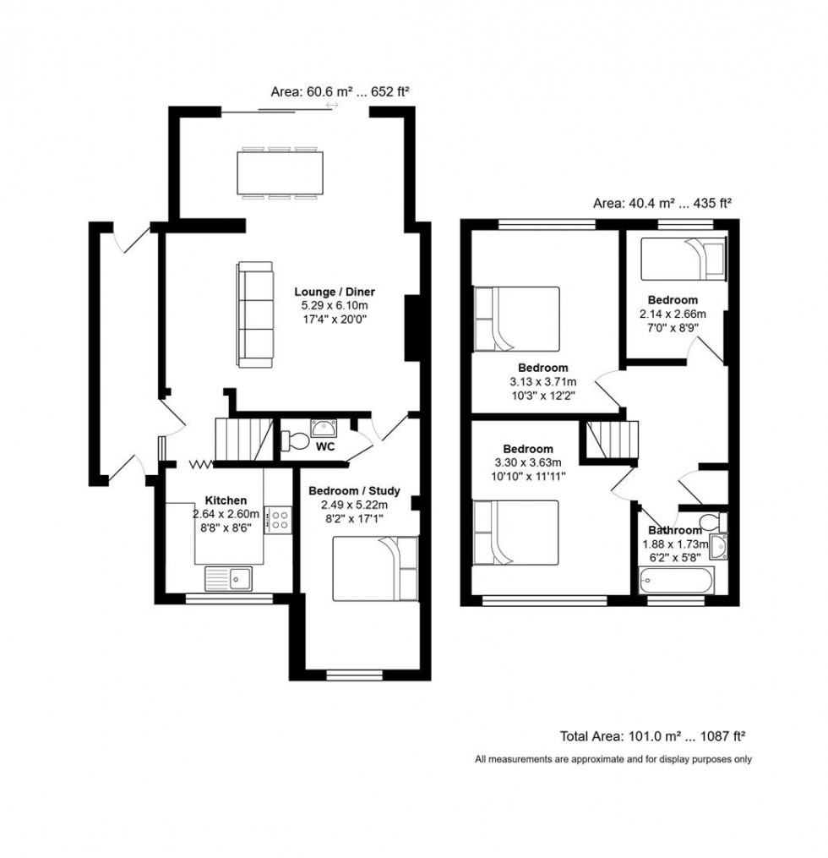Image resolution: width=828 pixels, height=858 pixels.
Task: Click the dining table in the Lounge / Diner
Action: point(282,173)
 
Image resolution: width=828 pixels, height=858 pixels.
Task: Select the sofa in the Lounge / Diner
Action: point(255,314)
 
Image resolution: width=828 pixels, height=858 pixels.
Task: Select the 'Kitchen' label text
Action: point(226,500)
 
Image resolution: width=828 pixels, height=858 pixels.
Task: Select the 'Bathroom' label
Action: point(674,530)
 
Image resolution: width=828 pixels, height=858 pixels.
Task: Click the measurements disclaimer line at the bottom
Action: point(613,759)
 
